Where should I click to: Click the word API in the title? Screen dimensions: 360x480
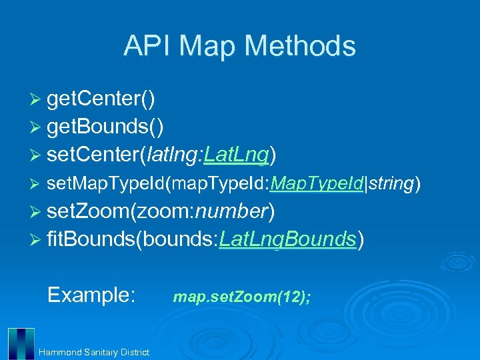(x=147, y=46)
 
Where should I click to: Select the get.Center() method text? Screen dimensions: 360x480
(x=102, y=99)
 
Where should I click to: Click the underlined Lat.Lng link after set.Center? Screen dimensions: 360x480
(x=236, y=155)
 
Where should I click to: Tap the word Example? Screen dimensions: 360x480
(x=92, y=294)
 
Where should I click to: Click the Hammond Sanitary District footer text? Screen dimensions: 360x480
(x=94, y=352)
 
